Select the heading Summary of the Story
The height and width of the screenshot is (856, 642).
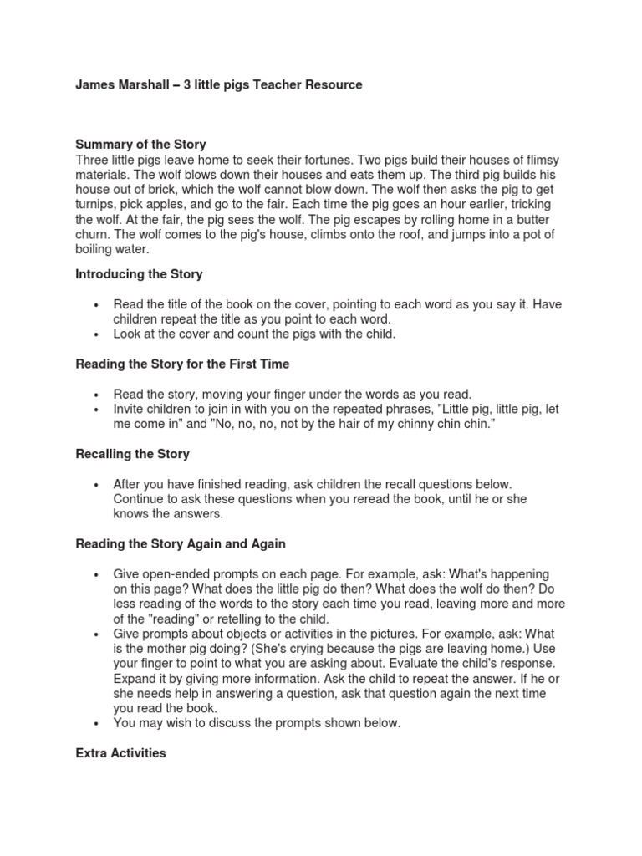(x=140, y=145)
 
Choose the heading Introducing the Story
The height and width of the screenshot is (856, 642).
(x=139, y=274)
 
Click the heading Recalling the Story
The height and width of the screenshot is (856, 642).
(x=132, y=454)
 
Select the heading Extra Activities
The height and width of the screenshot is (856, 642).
(x=120, y=753)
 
